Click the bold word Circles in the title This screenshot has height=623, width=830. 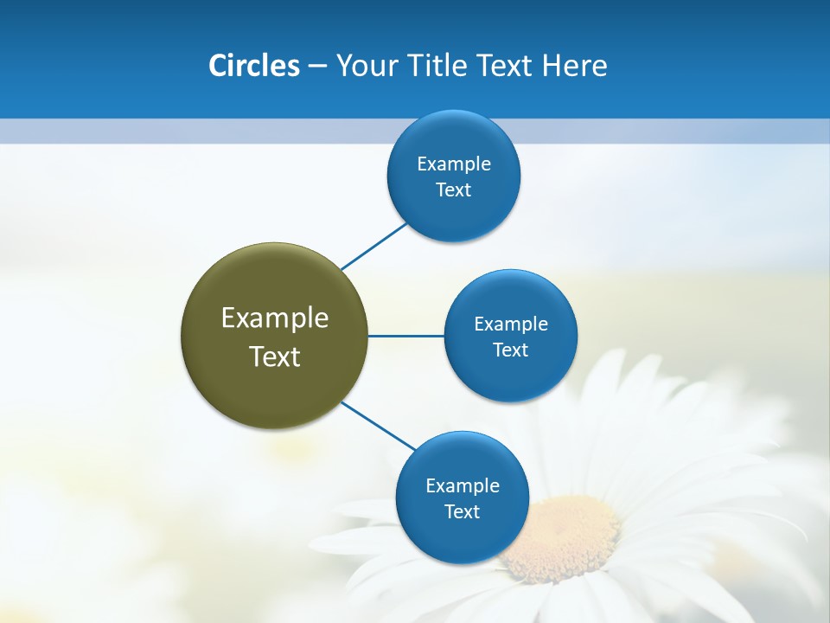click(253, 66)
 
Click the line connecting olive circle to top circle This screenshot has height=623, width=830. click(373, 246)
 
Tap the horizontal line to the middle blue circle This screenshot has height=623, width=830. click(405, 336)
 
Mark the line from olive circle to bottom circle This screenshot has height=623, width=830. click(378, 426)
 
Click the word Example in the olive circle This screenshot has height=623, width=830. click(275, 318)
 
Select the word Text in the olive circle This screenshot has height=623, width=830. click(275, 356)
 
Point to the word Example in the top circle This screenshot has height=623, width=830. click(454, 164)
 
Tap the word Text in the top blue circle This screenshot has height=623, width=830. click(453, 189)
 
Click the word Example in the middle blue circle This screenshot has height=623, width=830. click(511, 324)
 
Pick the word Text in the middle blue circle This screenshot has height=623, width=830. click(510, 350)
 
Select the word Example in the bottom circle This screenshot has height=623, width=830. click(463, 485)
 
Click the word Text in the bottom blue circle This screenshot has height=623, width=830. click(462, 511)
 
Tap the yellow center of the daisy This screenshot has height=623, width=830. click(562, 536)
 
